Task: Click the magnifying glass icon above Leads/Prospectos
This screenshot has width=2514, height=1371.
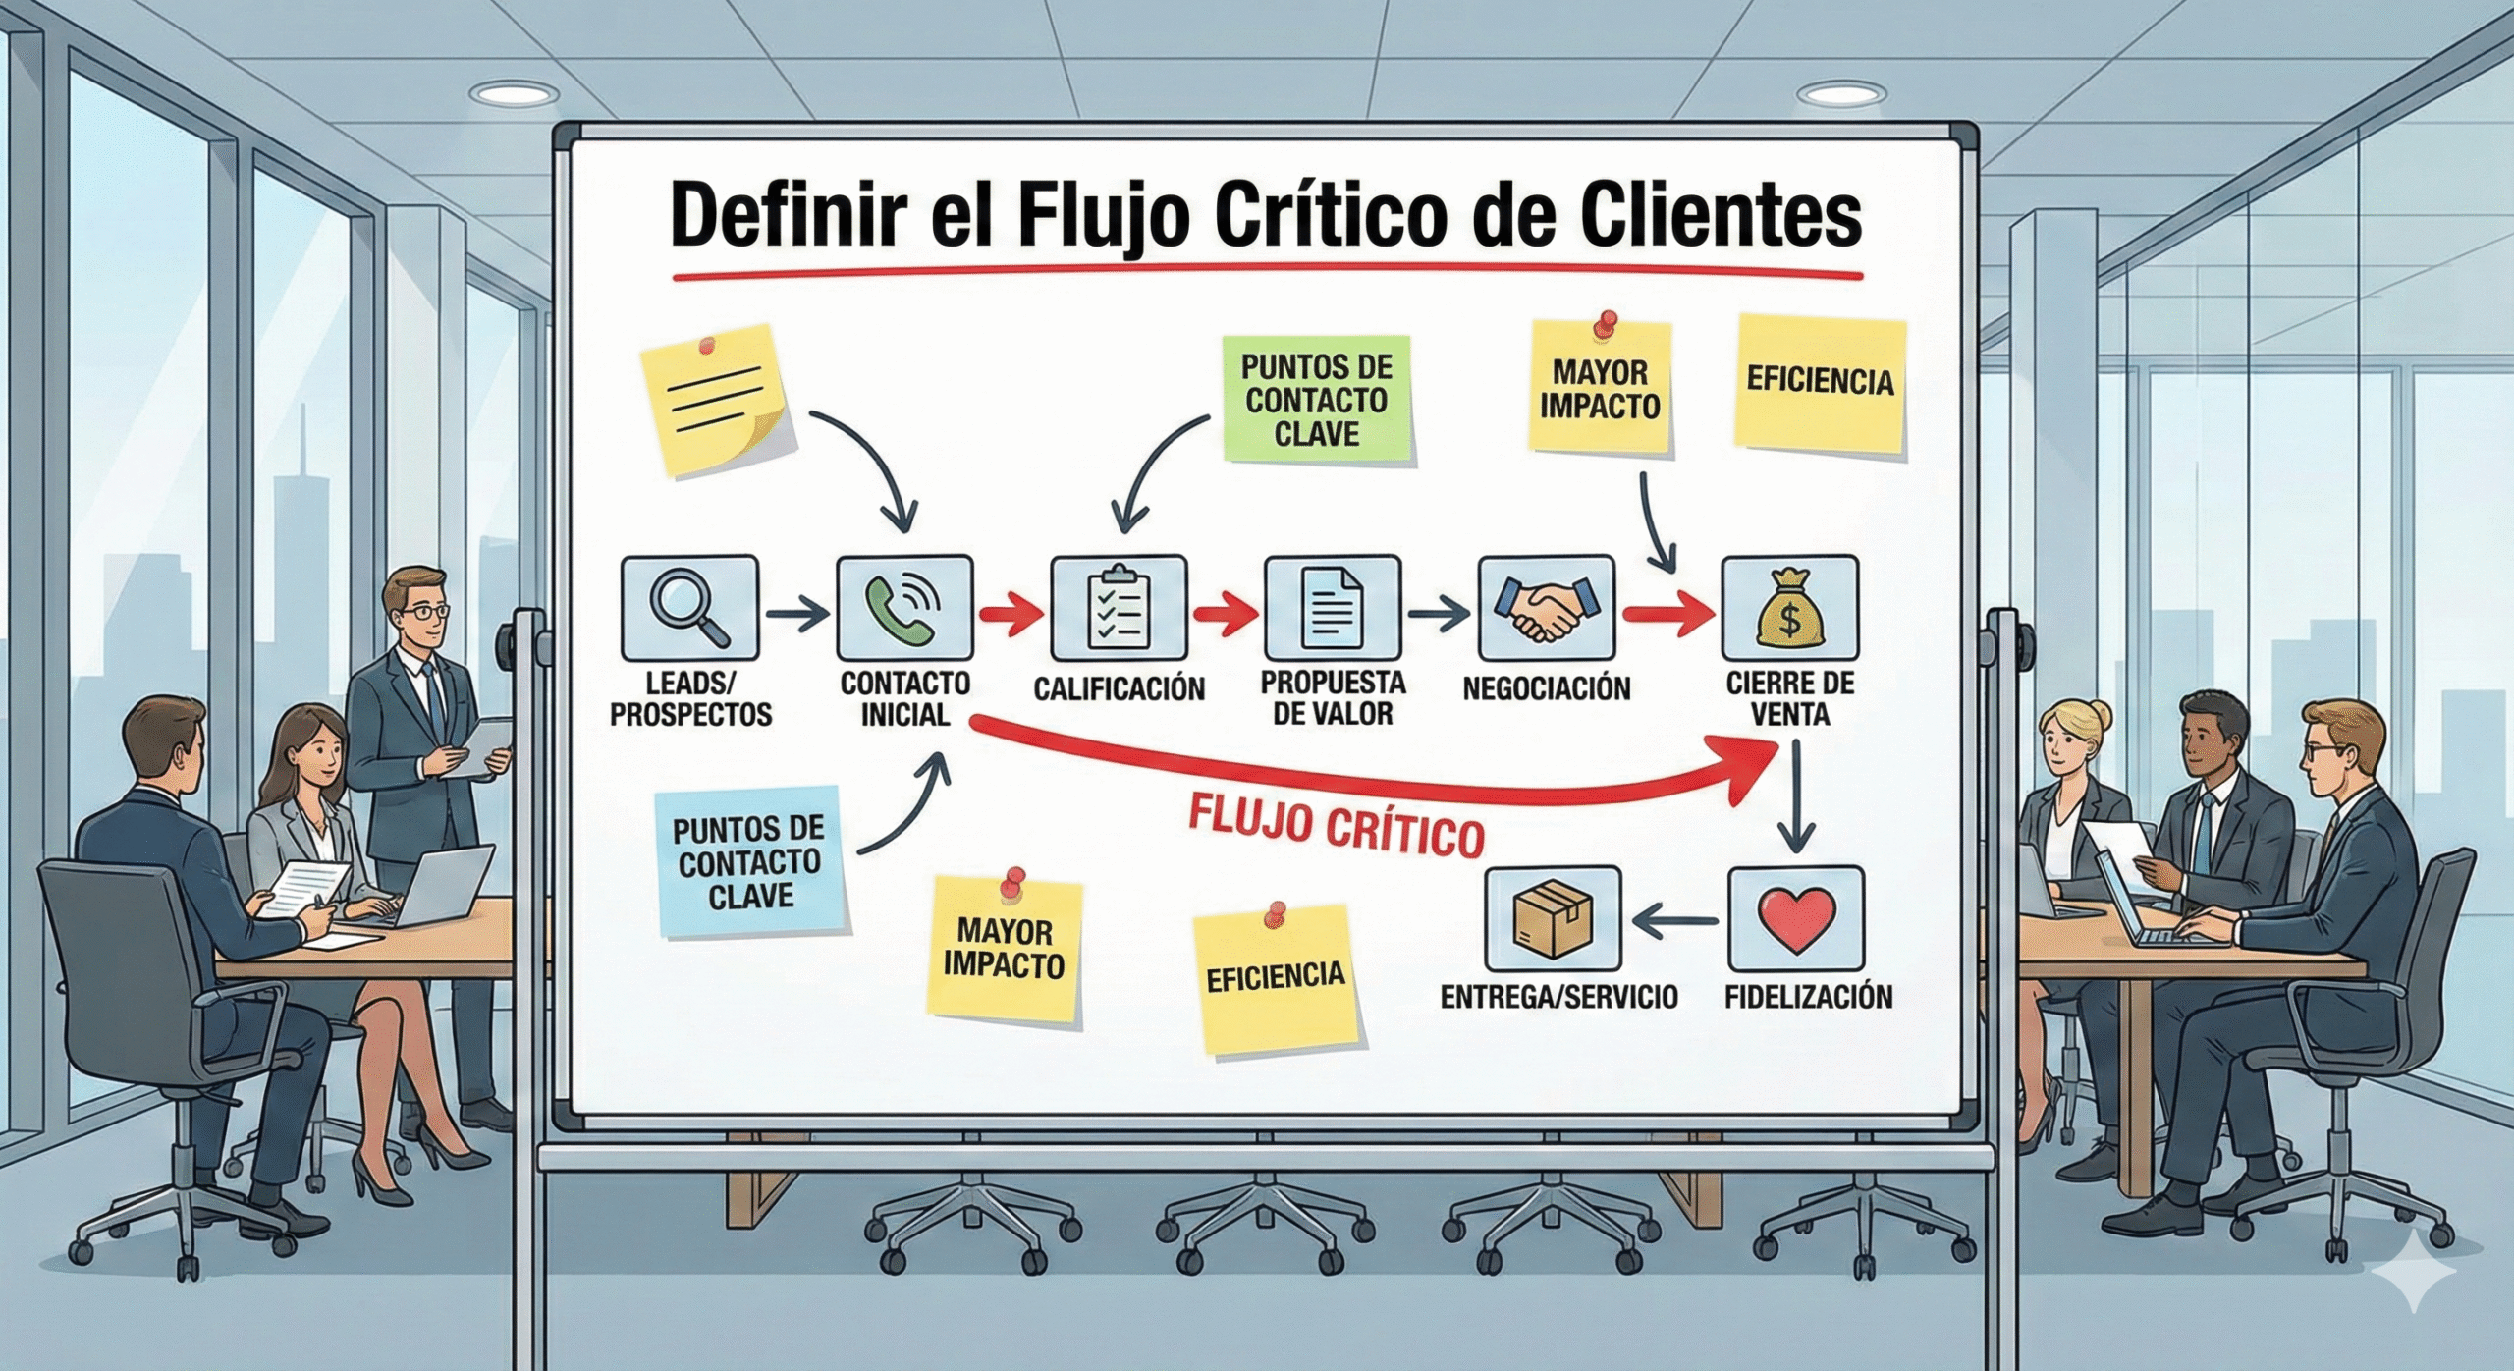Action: [689, 608]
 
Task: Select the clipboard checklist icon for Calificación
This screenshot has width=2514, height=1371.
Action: [1119, 608]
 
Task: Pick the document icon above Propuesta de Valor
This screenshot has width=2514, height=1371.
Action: [1332, 608]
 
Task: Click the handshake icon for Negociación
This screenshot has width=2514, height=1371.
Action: [1546, 608]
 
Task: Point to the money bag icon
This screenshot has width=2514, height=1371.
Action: [1789, 608]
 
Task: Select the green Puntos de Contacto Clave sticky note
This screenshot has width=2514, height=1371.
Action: [1317, 400]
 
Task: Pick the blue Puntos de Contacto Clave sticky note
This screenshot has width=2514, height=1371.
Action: [749, 861]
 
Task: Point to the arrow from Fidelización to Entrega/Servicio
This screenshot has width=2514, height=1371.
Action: [1674, 920]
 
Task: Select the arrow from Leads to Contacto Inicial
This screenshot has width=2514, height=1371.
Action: [796, 615]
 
